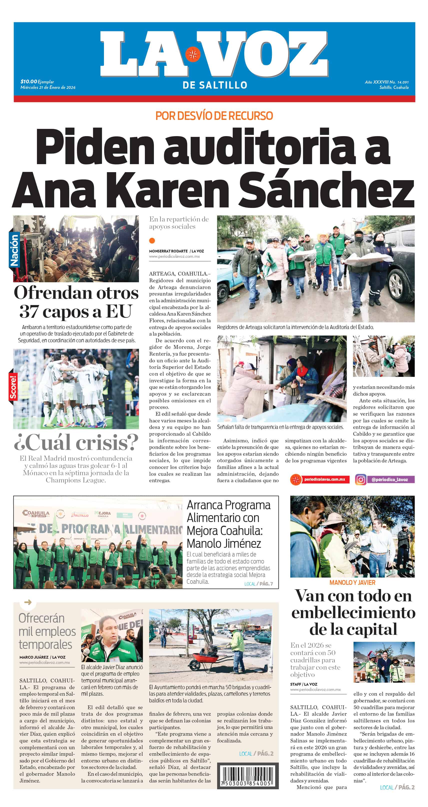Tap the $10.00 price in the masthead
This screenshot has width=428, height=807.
[x=29, y=82]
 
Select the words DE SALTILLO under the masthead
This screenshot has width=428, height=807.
[x=215, y=85]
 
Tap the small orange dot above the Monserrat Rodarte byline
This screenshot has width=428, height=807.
[x=152, y=240]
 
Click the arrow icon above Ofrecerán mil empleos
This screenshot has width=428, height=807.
[x=28, y=602]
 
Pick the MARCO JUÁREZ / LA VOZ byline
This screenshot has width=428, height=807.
[x=42, y=657]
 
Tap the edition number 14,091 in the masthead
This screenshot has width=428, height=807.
[x=403, y=82]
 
